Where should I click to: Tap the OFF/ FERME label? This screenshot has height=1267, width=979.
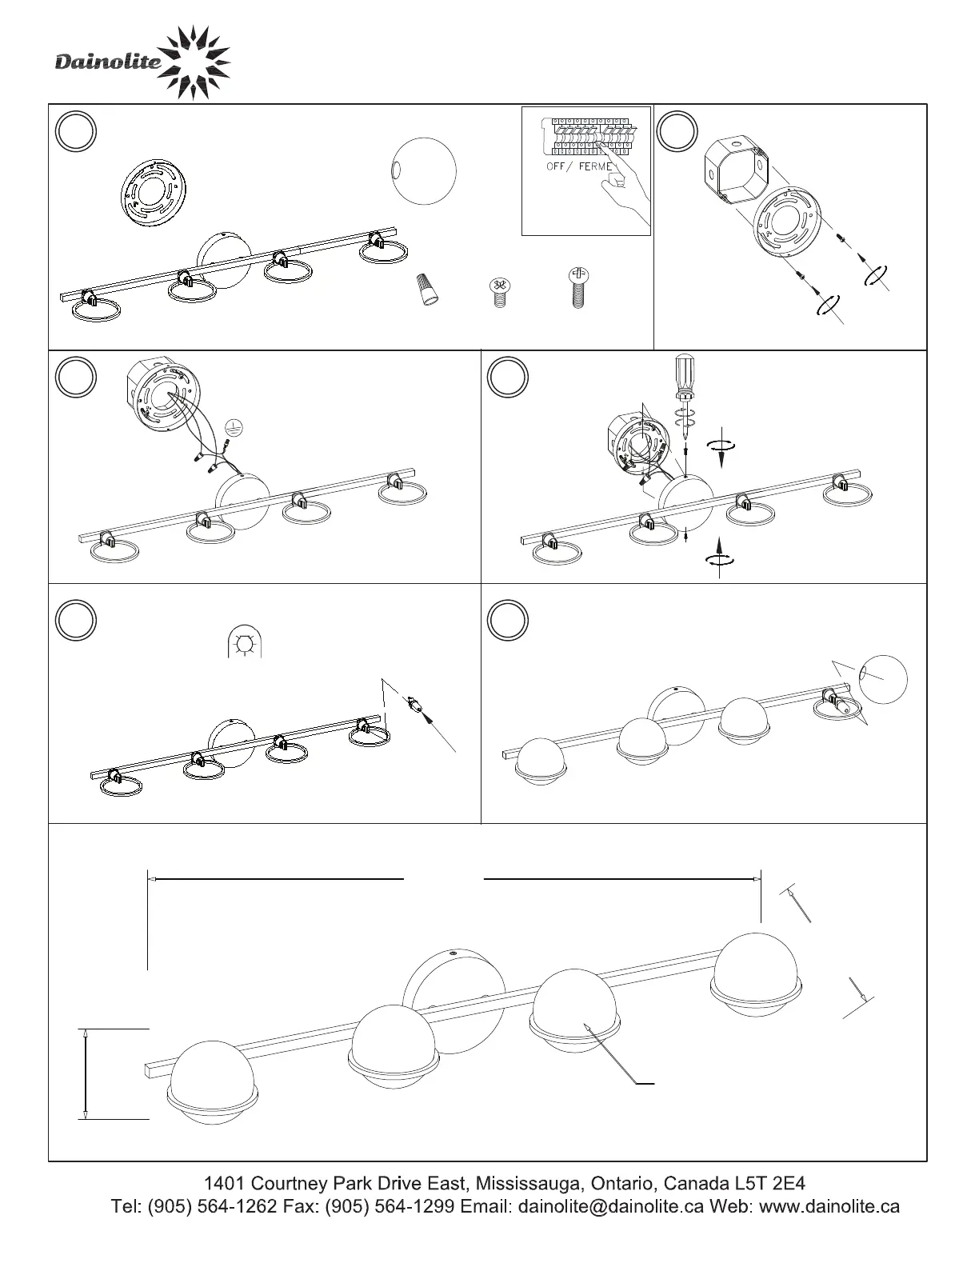pos(579,166)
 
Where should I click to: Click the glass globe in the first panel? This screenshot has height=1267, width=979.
pos(423,170)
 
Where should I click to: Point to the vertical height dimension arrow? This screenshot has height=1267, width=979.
pos(85,1073)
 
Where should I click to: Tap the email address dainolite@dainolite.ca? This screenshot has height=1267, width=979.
pos(611,1206)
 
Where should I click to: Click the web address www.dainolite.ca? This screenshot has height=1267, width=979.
pos(829,1206)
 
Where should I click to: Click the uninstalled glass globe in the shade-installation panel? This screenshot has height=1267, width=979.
pos(884,680)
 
